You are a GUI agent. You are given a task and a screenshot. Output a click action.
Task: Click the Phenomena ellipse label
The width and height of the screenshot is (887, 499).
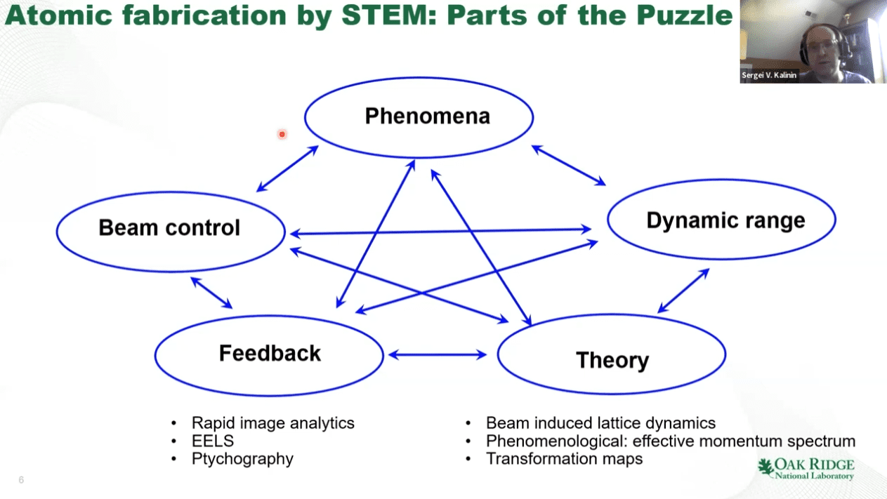pyautogui.click(x=427, y=116)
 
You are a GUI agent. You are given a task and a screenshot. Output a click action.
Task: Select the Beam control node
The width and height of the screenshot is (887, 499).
pyautogui.click(x=169, y=228)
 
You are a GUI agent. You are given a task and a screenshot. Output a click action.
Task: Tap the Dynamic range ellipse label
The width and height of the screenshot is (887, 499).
pyautogui.click(x=725, y=220)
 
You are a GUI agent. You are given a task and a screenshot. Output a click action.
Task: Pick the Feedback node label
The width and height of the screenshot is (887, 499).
pyautogui.click(x=270, y=353)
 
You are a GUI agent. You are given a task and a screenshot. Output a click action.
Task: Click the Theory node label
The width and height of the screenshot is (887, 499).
pyautogui.click(x=612, y=360)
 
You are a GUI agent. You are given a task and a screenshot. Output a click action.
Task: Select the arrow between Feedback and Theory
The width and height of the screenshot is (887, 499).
pyautogui.click(x=438, y=355)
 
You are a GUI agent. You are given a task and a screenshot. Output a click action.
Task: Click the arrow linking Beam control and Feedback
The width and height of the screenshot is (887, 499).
pyautogui.click(x=211, y=293)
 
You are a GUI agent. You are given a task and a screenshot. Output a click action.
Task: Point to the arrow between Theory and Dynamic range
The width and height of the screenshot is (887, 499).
pyautogui.click(x=683, y=291)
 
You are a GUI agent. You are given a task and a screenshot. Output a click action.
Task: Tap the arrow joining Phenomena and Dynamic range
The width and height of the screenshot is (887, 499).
pyautogui.click(x=568, y=166)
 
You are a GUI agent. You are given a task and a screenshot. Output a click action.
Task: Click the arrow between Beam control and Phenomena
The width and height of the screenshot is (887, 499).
pyautogui.click(x=287, y=168)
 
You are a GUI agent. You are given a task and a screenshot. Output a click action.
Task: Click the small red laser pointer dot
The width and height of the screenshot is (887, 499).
pyautogui.click(x=282, y=134)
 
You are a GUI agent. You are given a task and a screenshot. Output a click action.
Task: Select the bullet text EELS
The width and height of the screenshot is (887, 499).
pyautogui.click(x=212, y=441)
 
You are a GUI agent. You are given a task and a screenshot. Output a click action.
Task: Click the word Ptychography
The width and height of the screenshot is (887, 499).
pyautogui.click(x=242, y=459)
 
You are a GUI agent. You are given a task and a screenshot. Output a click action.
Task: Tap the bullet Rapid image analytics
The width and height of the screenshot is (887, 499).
pyautogui.click(x=272, y=423)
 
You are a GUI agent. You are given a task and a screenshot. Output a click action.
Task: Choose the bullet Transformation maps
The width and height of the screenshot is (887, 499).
pyautogui.click(x=564, y=459)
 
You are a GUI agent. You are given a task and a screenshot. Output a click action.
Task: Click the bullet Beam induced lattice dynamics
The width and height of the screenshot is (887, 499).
pyautogui.click(x=600, y=423)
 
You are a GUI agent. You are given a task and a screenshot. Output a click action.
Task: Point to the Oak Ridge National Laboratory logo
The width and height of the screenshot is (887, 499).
pyautogui.click(x=806, y=469)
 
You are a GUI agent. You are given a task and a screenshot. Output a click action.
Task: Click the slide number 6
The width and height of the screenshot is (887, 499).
pyautogui.click(x=21, y=480)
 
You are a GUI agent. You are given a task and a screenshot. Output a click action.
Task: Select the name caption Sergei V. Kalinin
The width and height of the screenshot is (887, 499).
pyautogui.click(x=769, y=75)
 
